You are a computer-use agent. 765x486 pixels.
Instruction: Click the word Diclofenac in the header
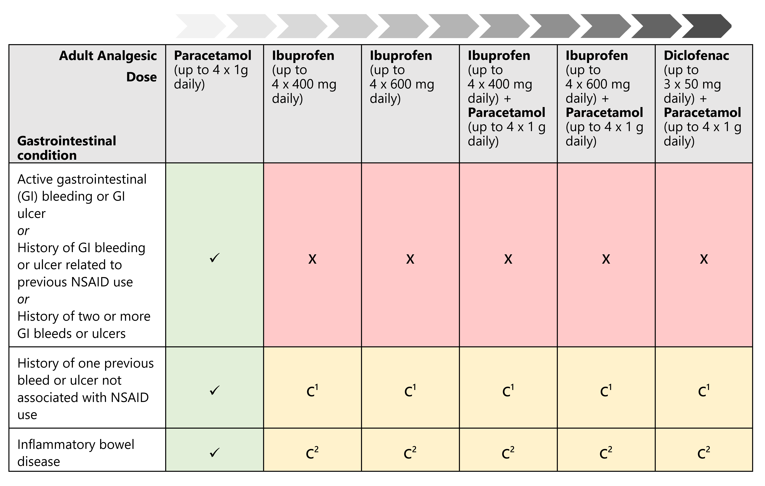696,56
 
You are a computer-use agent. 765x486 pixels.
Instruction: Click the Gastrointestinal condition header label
67,148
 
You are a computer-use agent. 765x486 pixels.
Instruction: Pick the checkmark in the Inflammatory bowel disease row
215,452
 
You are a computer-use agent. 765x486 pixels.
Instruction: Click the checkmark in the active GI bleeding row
215,258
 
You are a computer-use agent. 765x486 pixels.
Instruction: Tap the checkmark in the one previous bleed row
215,390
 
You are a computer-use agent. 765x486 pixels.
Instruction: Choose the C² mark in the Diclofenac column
704,453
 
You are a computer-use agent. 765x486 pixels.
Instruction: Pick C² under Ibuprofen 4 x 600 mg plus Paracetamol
606,453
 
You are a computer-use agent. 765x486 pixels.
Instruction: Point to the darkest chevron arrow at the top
707,26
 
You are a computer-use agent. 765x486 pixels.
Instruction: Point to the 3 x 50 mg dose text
692,84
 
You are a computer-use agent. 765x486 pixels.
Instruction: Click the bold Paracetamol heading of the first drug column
213,56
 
